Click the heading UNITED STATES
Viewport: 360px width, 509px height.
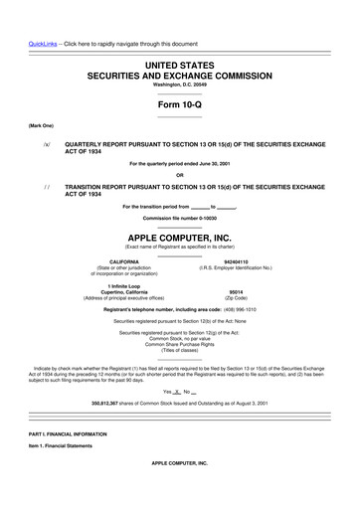click(180, 64)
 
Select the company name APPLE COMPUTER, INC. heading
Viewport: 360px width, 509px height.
click(180, 239)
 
